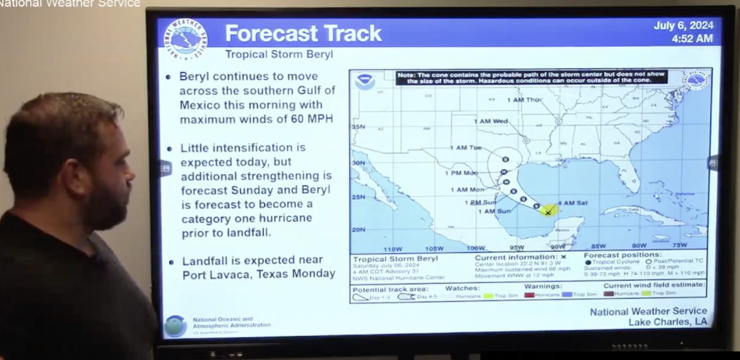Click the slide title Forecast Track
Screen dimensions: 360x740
(303, 33)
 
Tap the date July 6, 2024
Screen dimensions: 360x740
(683, 25)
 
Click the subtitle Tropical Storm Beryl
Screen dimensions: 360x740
(279, 54)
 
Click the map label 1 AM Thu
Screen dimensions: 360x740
(524, 99)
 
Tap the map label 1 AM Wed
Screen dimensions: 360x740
(490, 121)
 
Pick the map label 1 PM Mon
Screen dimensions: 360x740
(461, 173)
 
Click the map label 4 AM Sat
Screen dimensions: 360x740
(572, 202)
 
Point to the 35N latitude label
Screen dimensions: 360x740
(358, 127)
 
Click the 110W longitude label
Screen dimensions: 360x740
(392, 247)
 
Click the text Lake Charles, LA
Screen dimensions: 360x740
(667, 322)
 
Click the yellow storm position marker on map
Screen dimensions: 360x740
(548, 210)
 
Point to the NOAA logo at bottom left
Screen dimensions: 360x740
(175, 325)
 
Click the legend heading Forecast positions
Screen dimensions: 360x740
(622, 255)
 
